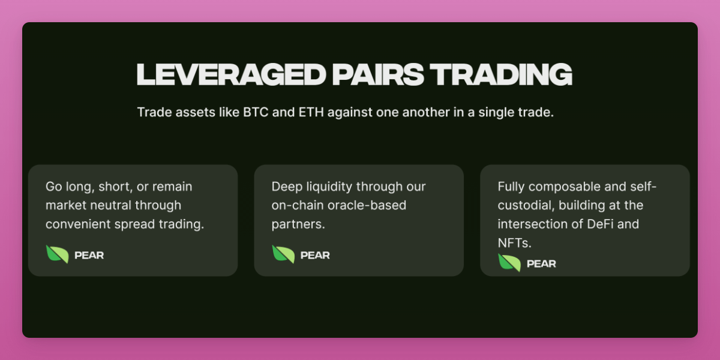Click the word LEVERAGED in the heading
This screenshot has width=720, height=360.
click(232, 74)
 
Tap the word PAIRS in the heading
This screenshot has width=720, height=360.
click(378, 74)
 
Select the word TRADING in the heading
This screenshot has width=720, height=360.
click(501, 74)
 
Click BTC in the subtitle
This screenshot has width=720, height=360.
click(256, 112)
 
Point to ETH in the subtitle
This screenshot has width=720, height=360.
click(311, 112)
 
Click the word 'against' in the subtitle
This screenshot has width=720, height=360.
click(350, 113)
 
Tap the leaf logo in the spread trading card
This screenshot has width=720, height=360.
click(57, 254)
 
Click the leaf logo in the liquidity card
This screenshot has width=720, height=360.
click(283, 254)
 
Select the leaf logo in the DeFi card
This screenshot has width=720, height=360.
click(509, 263)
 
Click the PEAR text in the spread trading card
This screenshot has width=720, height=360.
click(89, 255)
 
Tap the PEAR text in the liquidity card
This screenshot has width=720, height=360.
click(315, 255)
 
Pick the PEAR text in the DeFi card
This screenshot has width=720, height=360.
click(541, 263)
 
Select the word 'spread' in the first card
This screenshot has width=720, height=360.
click(134, 224)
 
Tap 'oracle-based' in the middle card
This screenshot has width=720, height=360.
click(367, 205)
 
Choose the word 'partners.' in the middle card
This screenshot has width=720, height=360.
click(298, 224)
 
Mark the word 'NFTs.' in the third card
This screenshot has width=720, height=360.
click(515, 243)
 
